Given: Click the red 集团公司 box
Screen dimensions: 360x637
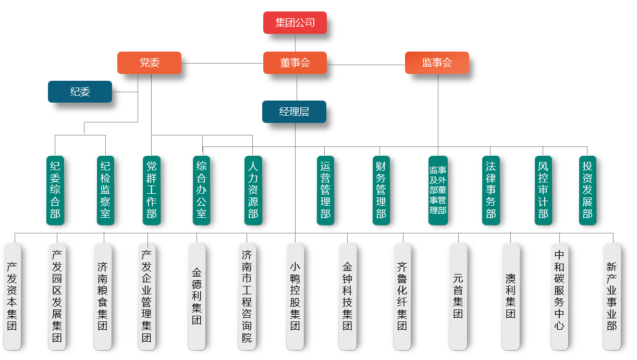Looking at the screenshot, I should (295, 23).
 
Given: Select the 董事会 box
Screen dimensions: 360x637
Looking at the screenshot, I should (295, 63).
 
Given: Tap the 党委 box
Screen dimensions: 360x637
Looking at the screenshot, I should (149, 63).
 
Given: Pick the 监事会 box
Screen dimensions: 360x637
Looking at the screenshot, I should (437, 63).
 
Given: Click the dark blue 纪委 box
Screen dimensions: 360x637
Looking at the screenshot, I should (80, 92).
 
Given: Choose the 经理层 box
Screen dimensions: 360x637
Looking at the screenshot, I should (294, 112).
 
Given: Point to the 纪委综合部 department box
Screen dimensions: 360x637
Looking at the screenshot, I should (55, 190).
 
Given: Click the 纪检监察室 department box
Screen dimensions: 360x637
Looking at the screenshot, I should (105, 190).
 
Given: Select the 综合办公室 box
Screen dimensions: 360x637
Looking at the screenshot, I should (202, 190).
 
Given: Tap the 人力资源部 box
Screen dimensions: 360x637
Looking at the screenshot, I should (253, 190).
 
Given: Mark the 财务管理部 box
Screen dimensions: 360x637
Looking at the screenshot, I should (381, 190).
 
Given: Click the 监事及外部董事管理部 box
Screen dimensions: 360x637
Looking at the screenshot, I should (438, 190).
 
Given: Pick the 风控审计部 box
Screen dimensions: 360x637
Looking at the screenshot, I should (543, 190).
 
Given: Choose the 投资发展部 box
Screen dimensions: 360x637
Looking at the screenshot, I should (587, 190).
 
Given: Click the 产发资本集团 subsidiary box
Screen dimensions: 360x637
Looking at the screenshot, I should (12, 296).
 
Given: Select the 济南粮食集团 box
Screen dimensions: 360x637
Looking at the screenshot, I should (103, 296).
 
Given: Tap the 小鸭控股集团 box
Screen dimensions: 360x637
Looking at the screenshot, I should (295, 296).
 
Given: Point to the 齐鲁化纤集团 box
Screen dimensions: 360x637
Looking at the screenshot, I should (402, 296).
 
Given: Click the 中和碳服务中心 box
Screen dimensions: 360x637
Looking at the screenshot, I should (559, 296).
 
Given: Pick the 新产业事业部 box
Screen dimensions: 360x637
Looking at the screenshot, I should (611, 296).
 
